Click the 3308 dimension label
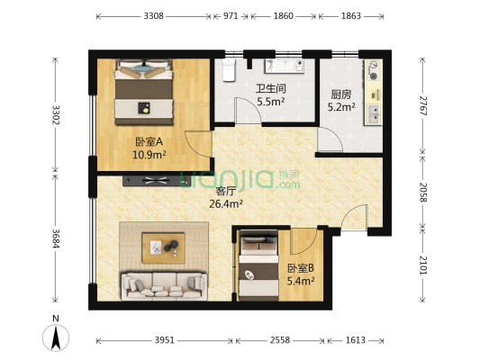pos(154,16)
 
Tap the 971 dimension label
pos(231,16)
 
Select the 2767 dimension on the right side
pos(422,106)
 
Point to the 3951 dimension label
pos(165,340)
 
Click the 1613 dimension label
pos(356,340)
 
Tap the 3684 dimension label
pos(56,238)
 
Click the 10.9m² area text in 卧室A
pos(149,155)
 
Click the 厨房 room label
pos(341,94)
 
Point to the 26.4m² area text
pos(226,203)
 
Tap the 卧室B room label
pos(301,268)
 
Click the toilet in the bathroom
pos(229,70)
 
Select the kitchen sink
pos(374,114)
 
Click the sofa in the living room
pos(165,286)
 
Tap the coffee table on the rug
pos(164,248)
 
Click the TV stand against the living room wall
pos(156,181)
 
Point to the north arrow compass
pos(56,337)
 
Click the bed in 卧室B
pos(258,265)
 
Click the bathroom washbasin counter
pos(285,66)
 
